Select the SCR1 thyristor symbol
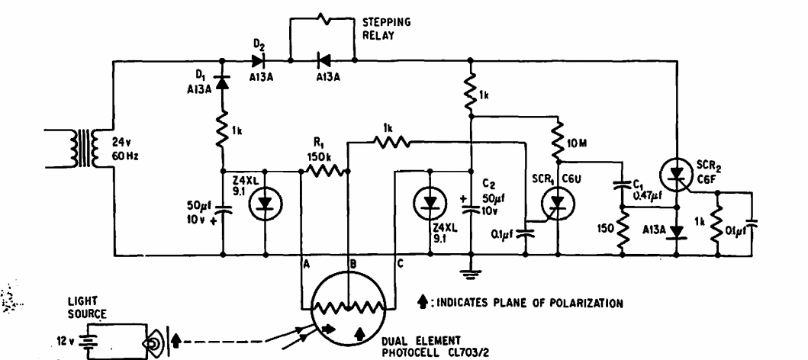[x=557, y=202]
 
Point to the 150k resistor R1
[x=323, y=171]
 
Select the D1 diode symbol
[x=222, y=81]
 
